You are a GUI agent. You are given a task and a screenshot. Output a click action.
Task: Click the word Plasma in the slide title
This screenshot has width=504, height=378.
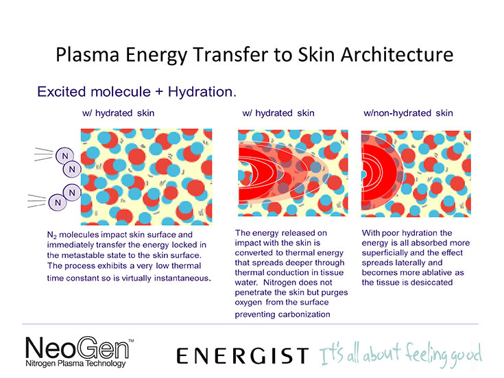88,54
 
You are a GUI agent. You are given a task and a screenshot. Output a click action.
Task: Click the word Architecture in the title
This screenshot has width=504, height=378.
397,54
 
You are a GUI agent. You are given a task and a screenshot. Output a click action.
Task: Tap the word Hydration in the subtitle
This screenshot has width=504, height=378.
202,92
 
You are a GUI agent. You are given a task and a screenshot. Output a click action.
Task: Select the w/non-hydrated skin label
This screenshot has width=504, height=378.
408,113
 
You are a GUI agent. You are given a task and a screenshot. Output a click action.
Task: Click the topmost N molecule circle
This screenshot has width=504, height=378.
65,156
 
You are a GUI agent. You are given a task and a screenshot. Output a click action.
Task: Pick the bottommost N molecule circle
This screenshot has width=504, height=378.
58,202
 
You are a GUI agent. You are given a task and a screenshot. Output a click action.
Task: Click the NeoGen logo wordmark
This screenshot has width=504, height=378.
77,347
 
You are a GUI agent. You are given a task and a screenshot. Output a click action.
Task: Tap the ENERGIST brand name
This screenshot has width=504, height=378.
243,356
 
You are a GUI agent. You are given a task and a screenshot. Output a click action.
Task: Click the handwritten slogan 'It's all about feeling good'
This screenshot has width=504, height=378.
400,355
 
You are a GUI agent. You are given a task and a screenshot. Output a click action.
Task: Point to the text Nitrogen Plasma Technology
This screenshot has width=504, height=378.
75,364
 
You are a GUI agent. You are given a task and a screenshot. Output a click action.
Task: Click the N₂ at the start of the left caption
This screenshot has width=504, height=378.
51,235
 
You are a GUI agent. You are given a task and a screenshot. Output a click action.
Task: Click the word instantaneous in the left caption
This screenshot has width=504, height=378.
182,278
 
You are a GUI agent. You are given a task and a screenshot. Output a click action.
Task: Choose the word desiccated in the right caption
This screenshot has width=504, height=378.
432,283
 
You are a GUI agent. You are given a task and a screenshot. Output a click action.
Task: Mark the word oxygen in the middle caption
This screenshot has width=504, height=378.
248,303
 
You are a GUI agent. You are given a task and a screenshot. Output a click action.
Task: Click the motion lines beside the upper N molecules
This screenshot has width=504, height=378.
43,154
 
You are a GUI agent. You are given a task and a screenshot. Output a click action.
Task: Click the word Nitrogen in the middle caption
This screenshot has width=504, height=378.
281,283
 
